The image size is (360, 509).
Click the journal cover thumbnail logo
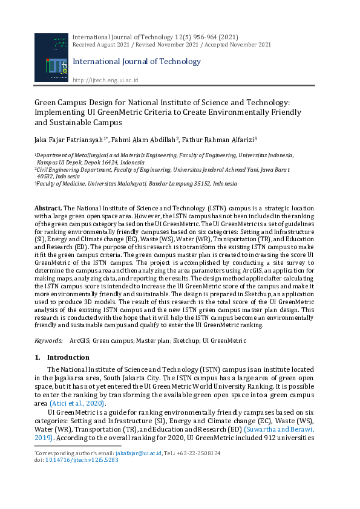pyautogui.click(x=51, y=58)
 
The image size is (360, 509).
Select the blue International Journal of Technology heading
pyautogui.click(x=136, y=62)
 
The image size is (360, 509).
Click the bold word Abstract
pyautogui.click(x=48, y=207)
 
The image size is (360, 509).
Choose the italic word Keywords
pyautogui.click(x=48, y=340)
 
